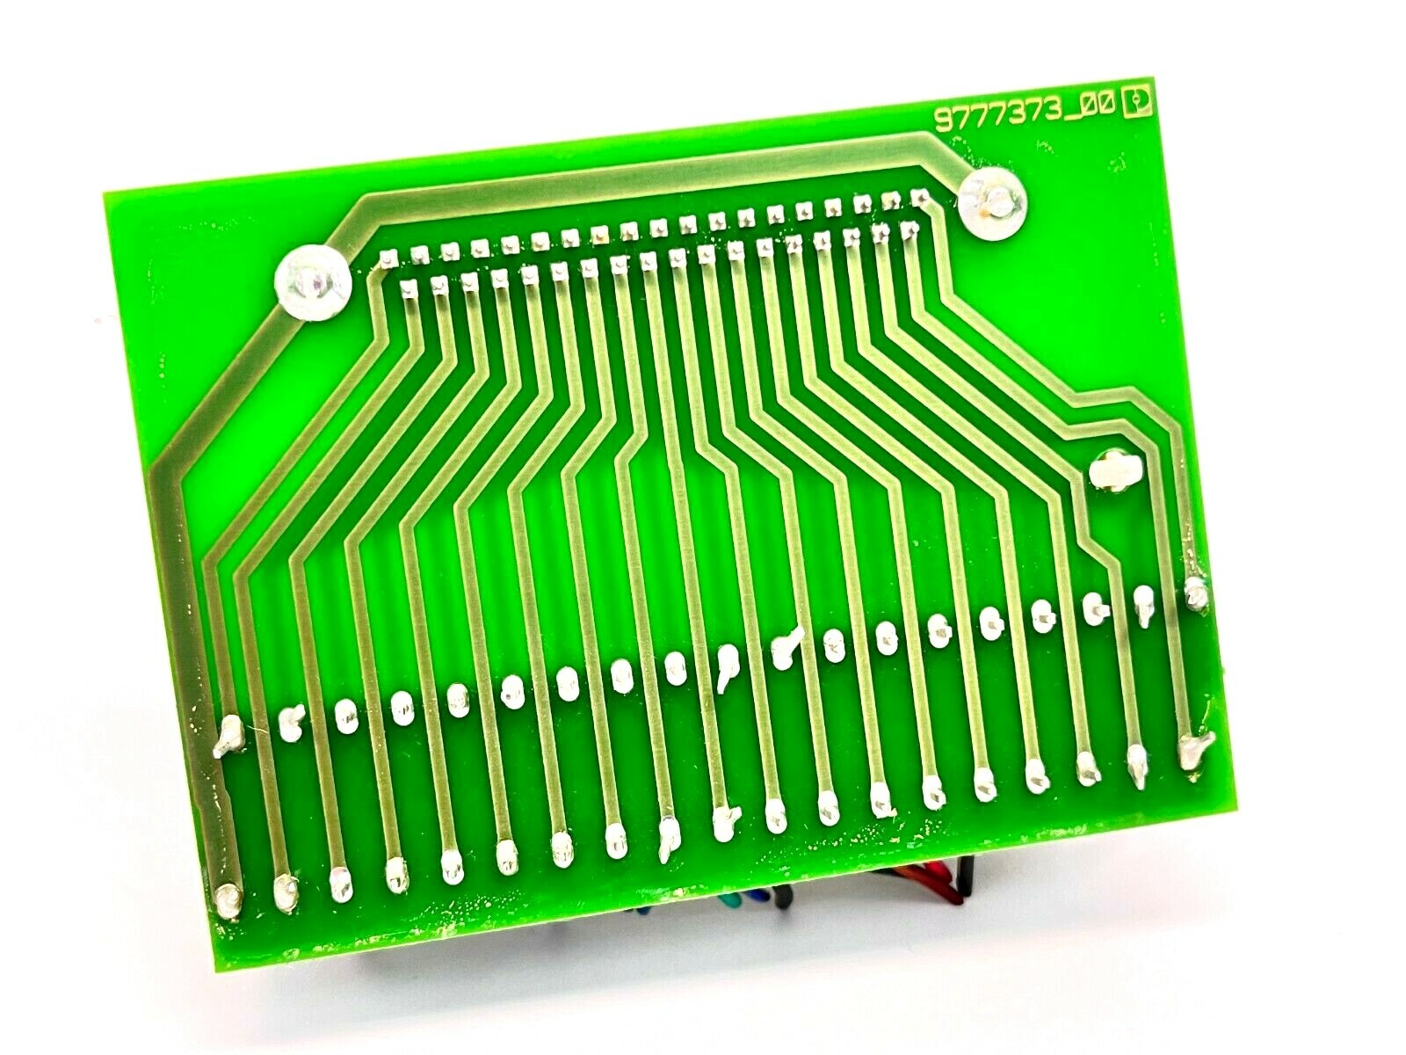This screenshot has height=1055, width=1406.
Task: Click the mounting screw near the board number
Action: click(994, 203)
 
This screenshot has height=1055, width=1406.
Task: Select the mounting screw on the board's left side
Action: click(312, 282)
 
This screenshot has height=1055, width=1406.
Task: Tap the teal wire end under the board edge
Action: click(730, 903)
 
